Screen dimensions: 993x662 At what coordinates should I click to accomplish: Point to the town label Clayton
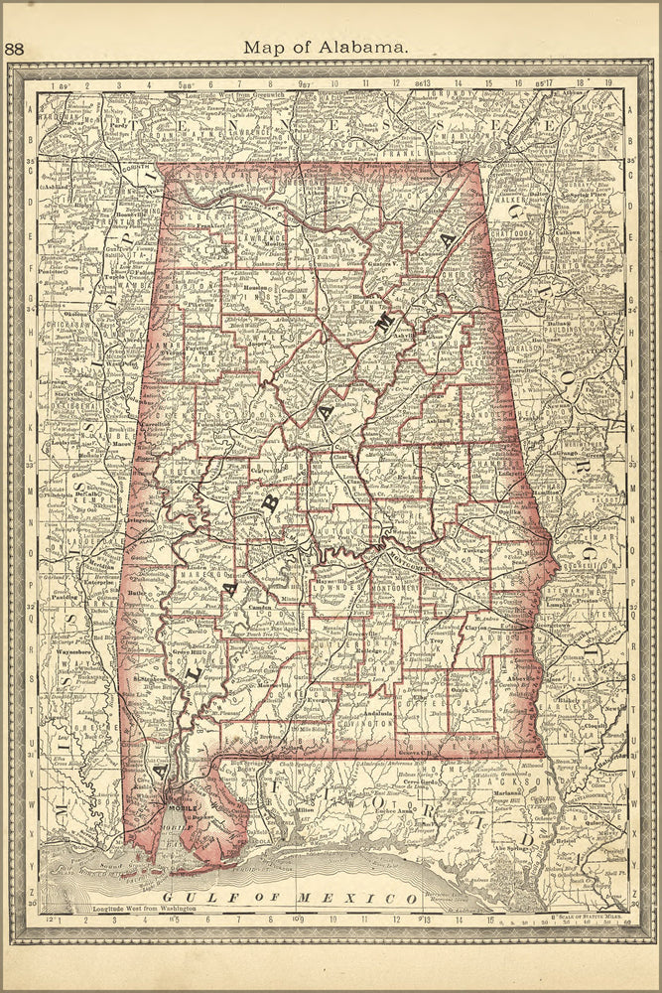(x=478, y=627)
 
